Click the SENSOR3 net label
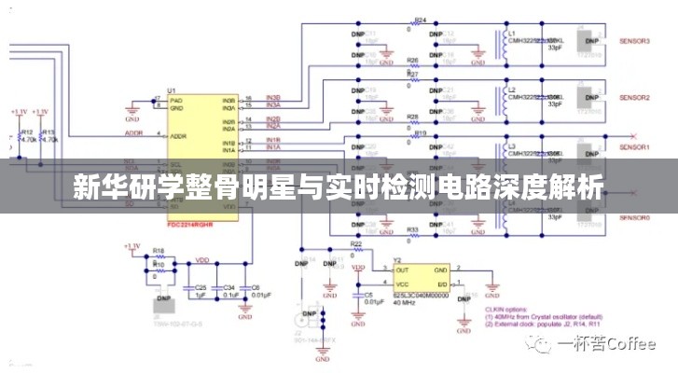click(x=635, y=43)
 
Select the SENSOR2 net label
click(x=635, y=97)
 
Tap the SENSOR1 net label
click(x=635, y=147)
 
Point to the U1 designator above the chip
click(x=172, y=90)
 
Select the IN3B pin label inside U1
click(x=228, y=100)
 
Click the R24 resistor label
click(x=420, y=20)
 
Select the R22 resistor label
click(x=356, y=243)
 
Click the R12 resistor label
click(x=27, y=131)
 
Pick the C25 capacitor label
click(x=199, y=287)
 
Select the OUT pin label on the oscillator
click(x=404, y=268)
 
